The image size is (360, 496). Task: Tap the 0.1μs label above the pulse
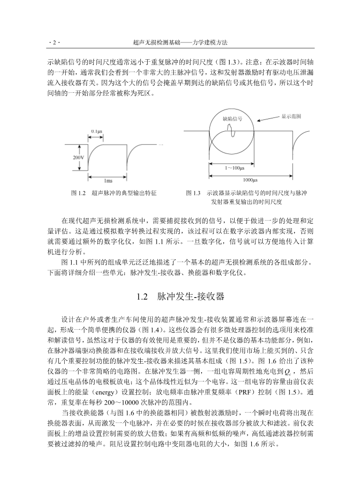[96, 131]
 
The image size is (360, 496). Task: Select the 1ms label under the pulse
[108, 181]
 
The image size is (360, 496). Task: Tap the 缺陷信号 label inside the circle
[232, 119]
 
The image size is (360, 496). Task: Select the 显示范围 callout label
[291, 116]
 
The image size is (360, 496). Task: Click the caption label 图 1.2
[79, 193]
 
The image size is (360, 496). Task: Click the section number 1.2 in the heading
[142, 297]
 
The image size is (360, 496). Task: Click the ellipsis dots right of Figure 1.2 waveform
[161, 144]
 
